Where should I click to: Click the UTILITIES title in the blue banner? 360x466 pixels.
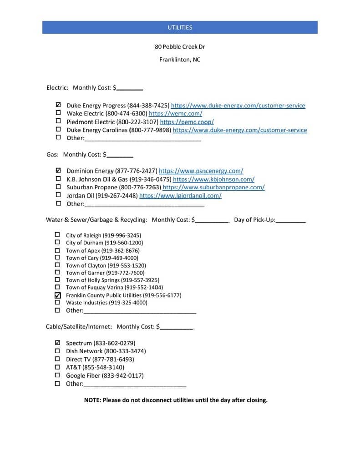coord(180,27)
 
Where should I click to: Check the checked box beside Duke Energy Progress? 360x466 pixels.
coord(58,105)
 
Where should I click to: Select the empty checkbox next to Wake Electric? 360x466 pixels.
coord(58,113)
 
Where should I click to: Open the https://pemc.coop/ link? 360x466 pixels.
coord(187,122)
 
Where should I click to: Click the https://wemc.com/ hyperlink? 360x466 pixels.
coord(175,113)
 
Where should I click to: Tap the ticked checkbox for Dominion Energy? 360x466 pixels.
coord(58,171)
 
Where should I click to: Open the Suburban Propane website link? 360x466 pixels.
coord(213,187)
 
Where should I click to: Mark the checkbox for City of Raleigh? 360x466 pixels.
coord(57,235)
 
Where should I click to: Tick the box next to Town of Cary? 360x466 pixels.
coord(57,258)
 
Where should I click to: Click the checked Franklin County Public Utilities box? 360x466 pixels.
coord(57,295)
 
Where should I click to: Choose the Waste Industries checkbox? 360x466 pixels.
coord(57,302)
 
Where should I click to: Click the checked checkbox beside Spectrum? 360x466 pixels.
coord(57,342)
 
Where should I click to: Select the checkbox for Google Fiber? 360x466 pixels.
coord(57,375)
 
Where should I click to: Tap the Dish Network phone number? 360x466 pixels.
coord(125,351)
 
